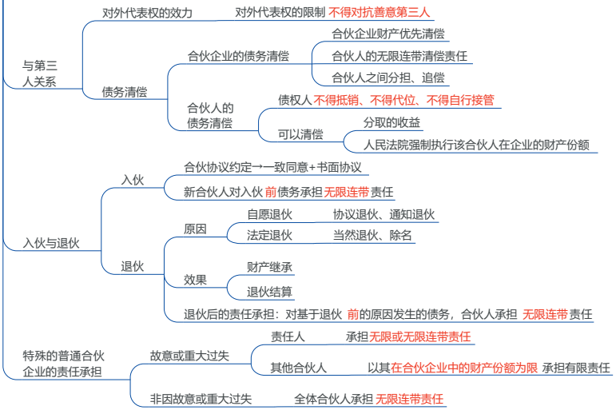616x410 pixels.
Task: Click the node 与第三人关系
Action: (40, 74)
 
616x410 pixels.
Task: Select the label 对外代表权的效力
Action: (147, 13)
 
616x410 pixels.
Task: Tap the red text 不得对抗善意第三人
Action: (379, 13)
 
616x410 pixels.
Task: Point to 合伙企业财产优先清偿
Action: (388, 34)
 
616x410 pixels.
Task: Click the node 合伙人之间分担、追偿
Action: (388, 78)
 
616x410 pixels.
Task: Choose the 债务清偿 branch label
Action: (125, 92)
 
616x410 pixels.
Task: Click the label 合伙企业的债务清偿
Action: (238, 56)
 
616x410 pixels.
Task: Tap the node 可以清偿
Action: (300, 134)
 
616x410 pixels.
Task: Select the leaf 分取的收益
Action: (391, 122)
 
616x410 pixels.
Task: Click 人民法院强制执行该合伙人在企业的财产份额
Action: (476, 145)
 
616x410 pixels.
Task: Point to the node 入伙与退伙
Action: (51, 243)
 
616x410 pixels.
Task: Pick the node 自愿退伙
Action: (269, 214)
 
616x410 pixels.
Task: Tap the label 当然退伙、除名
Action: (372, 235)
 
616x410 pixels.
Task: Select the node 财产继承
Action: (269, 267)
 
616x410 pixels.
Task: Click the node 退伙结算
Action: (269, 292)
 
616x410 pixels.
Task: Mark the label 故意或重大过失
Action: (189, 356)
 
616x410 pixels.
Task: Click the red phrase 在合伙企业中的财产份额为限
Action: (464, 368)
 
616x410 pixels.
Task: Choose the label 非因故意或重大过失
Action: (201, 399)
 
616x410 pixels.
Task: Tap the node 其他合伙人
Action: (299, 368)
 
